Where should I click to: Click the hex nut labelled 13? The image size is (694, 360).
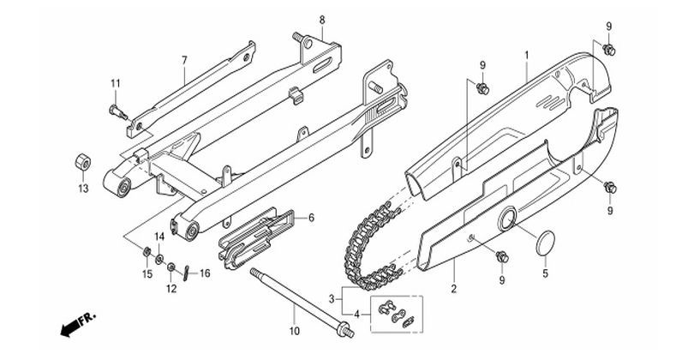coord(83,162)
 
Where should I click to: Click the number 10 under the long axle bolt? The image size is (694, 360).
coord(295,331)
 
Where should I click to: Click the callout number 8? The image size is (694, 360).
coord(322,20)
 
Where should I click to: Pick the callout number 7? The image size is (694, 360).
coord(184,60)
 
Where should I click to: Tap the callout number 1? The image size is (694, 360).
coord(527,56)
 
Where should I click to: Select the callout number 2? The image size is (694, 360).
coord(453,290)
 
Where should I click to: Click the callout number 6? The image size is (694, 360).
coord(311,218)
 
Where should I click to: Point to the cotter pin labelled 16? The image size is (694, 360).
coord(187,273)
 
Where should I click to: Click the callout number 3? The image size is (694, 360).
coord(332,299)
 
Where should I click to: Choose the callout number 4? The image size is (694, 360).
coord(356,315)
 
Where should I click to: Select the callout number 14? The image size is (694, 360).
coord(159,237)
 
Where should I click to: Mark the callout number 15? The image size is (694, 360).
coord(147,274)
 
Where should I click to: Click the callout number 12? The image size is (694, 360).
coord(171,289)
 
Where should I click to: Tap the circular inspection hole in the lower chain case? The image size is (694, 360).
coord(507,219)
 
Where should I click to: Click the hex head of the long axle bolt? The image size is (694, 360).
coord(344,329)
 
